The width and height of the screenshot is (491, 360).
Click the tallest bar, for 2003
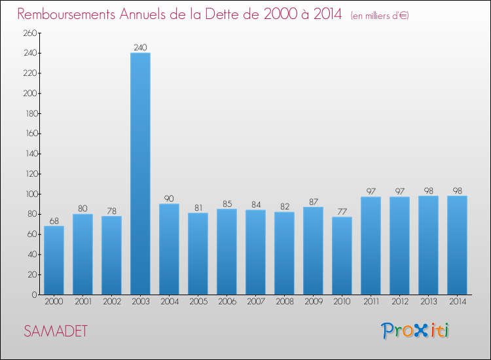[140, 173]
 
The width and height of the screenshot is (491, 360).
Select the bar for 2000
[54, 260]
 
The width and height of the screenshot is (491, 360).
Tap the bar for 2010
[342, 256]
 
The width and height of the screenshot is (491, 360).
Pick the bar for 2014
[457, 245]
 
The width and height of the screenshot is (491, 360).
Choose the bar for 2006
[227, 252]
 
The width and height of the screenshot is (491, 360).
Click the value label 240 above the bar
[140, 48]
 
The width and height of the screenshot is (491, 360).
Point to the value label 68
[54, 221]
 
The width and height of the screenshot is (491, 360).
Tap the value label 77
[342, 212]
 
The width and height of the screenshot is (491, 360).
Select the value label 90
[169, 199]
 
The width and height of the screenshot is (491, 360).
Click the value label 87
[313, 202]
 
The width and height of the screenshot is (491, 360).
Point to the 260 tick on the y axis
[30, 33]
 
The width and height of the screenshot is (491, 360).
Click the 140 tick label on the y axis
[31, 154]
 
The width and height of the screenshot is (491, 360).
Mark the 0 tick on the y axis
[35, 295]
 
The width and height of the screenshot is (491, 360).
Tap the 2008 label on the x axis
[285, 302]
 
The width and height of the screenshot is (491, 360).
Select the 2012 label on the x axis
[400, 302]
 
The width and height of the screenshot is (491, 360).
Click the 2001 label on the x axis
[83, 302]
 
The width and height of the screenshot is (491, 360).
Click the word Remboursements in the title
[66, 14]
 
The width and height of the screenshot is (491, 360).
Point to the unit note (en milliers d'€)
[380, 16]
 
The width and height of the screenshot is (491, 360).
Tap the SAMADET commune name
[56, 331]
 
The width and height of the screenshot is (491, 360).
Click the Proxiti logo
[415, 331]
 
